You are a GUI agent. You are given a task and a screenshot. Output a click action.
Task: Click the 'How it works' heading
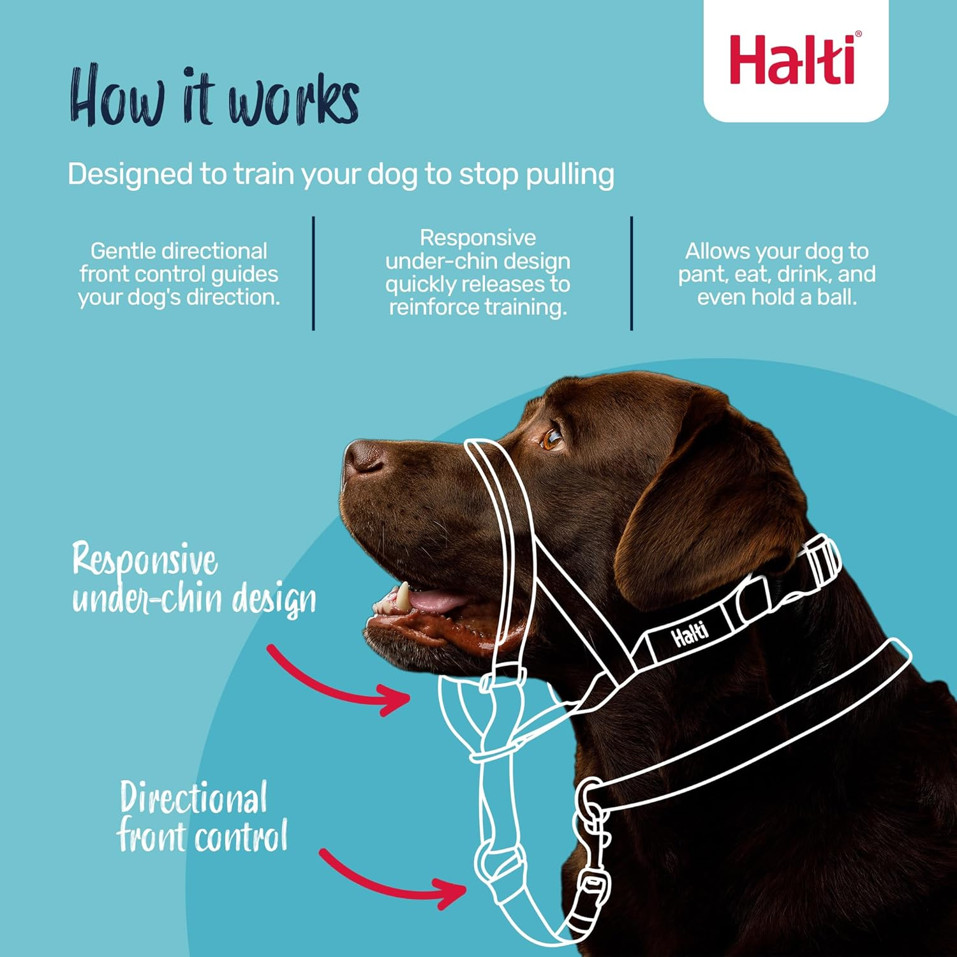click(x=214, y=97)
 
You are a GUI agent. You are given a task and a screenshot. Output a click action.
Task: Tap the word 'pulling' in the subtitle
click(x=570, y=174)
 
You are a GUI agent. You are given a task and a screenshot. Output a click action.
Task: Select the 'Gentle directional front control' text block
click(x=179, y=274)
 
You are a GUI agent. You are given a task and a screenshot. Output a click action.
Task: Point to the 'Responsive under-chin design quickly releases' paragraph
click(x=477, y=272)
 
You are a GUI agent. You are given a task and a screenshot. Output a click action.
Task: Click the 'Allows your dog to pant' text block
click(x=776, y=274)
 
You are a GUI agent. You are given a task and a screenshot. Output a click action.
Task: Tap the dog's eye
click(x=551, y=438)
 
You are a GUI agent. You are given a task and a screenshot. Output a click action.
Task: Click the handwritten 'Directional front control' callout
click(x=201, y=817)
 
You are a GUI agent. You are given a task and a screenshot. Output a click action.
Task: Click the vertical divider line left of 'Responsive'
click(x=313, y=273)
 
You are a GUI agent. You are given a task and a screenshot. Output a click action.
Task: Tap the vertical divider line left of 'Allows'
click(x=632, y=273)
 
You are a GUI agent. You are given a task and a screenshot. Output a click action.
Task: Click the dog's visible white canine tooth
click(x=403, y=597)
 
